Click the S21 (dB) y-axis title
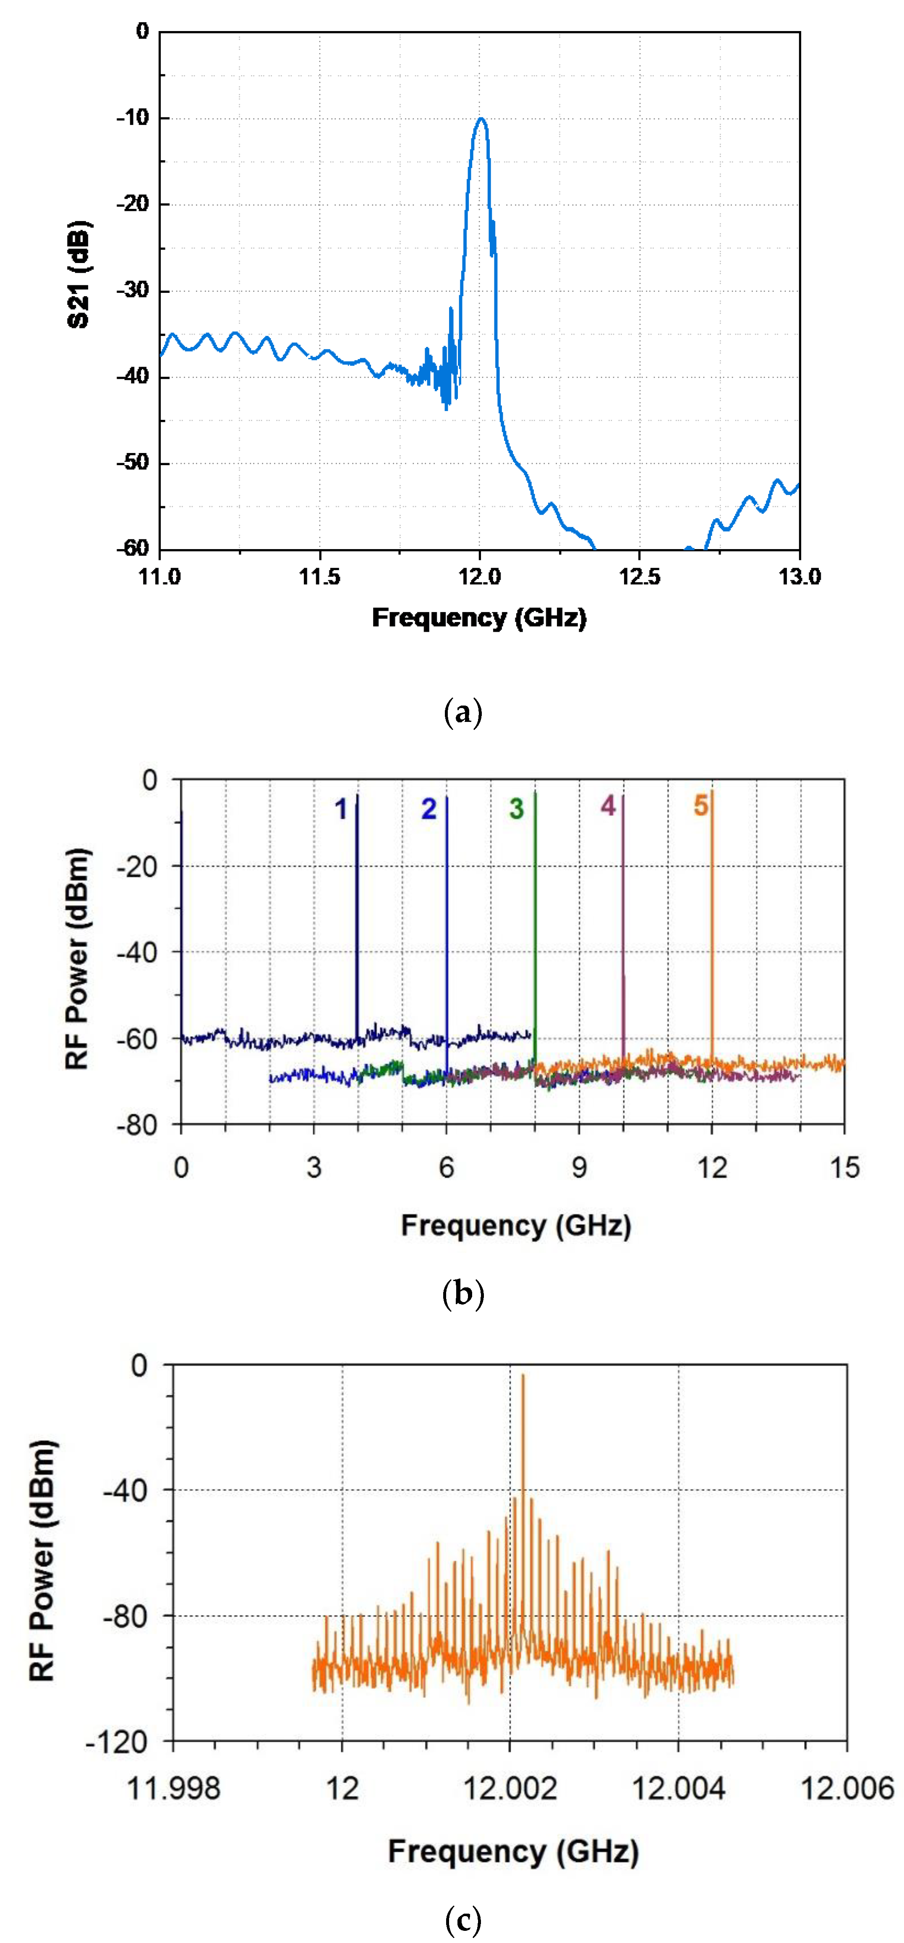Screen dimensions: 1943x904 click(78, 275)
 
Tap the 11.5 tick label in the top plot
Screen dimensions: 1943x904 click(319, 577)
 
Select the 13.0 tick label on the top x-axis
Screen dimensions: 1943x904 click(799, 577)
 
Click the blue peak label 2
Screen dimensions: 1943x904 click(428, 809)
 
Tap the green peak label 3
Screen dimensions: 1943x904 click(516, 809)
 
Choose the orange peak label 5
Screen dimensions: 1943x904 click(701, 805)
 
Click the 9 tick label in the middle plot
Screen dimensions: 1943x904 click(579, 1168)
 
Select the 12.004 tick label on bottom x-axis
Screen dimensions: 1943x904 click(678, 1788)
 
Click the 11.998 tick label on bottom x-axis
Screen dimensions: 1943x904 click(174, 1788)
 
